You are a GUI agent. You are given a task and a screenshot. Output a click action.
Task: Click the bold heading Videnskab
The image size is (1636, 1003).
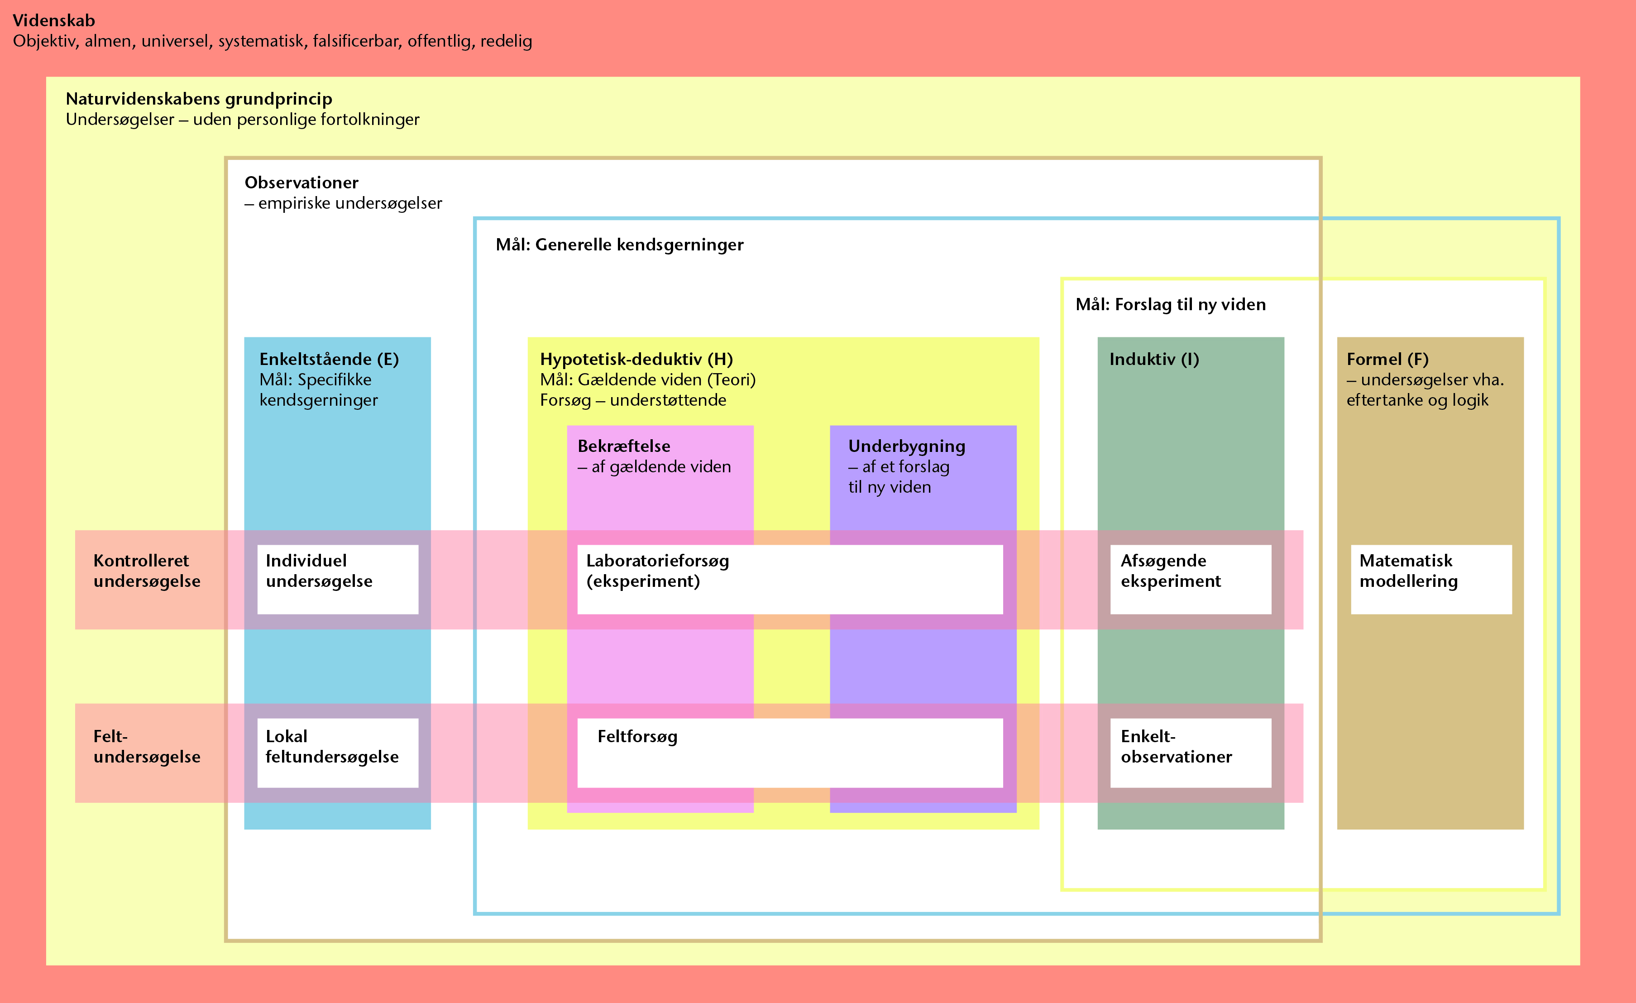tap(54, 20)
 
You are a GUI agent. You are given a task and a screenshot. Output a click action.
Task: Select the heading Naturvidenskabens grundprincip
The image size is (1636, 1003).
tap(199, 99)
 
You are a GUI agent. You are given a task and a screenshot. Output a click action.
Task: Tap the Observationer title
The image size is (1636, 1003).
tap(301, 182)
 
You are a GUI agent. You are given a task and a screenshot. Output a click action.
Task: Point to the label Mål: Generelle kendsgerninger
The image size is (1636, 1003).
tap(619, 245)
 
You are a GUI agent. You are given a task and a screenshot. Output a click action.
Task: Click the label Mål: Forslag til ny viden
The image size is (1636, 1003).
tap(1171, 305)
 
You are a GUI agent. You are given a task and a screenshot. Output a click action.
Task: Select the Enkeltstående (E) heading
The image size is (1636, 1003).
tap(329, 360)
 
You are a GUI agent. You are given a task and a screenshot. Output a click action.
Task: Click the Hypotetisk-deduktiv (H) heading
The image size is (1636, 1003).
tap(636, 360)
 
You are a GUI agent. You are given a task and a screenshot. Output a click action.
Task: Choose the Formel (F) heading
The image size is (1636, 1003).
tap(1387, 360)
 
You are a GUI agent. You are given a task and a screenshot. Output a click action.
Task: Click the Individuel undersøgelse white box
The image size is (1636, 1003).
tap(338, 579)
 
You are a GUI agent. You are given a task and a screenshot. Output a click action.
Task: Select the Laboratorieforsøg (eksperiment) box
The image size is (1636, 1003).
tap(790, 579)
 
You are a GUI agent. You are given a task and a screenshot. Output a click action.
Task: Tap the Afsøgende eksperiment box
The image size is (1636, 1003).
tap(1191, 579)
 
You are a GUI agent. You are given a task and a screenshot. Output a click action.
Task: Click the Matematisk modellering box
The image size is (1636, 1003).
tap(1431, 579)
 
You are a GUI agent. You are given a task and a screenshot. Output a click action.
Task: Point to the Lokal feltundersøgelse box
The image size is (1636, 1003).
tap(338, 753)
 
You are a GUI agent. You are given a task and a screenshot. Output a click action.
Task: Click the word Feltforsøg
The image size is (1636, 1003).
tap(637, 737)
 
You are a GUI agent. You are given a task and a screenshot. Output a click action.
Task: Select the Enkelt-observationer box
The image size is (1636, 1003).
tap(1191, 753)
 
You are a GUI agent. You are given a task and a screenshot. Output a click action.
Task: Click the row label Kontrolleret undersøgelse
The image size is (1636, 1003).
tap(147, 571)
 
